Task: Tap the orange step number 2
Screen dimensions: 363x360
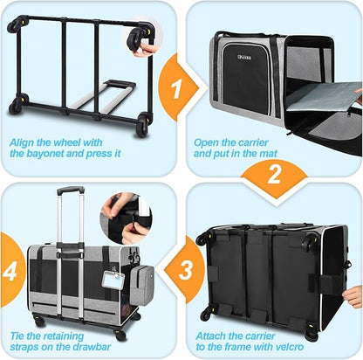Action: point(274,174)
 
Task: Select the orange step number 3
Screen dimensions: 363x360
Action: point(186,270)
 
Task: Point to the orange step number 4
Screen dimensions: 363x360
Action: point(10,270)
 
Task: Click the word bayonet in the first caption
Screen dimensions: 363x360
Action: point(47,154)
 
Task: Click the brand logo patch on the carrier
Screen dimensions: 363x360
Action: point(244,57)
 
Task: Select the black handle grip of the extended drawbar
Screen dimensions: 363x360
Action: point(71,190)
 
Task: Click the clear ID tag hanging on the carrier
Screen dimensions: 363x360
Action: point(113,280)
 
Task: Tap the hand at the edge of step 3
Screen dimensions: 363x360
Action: point(353,296)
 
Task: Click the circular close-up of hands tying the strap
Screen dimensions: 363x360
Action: point(126,218)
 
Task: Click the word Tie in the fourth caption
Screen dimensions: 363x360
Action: point(17,336)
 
